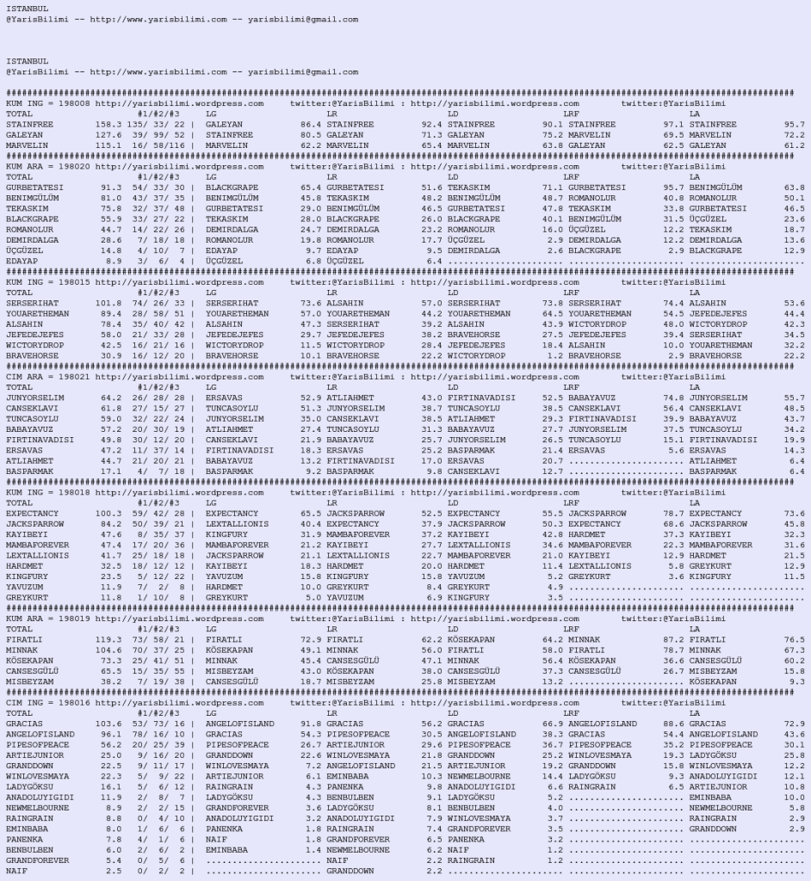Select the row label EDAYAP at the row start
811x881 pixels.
click(x=22, y=261)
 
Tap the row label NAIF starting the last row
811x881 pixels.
click(x=16, y=870)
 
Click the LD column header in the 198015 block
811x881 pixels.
click(x=453, y=293)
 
